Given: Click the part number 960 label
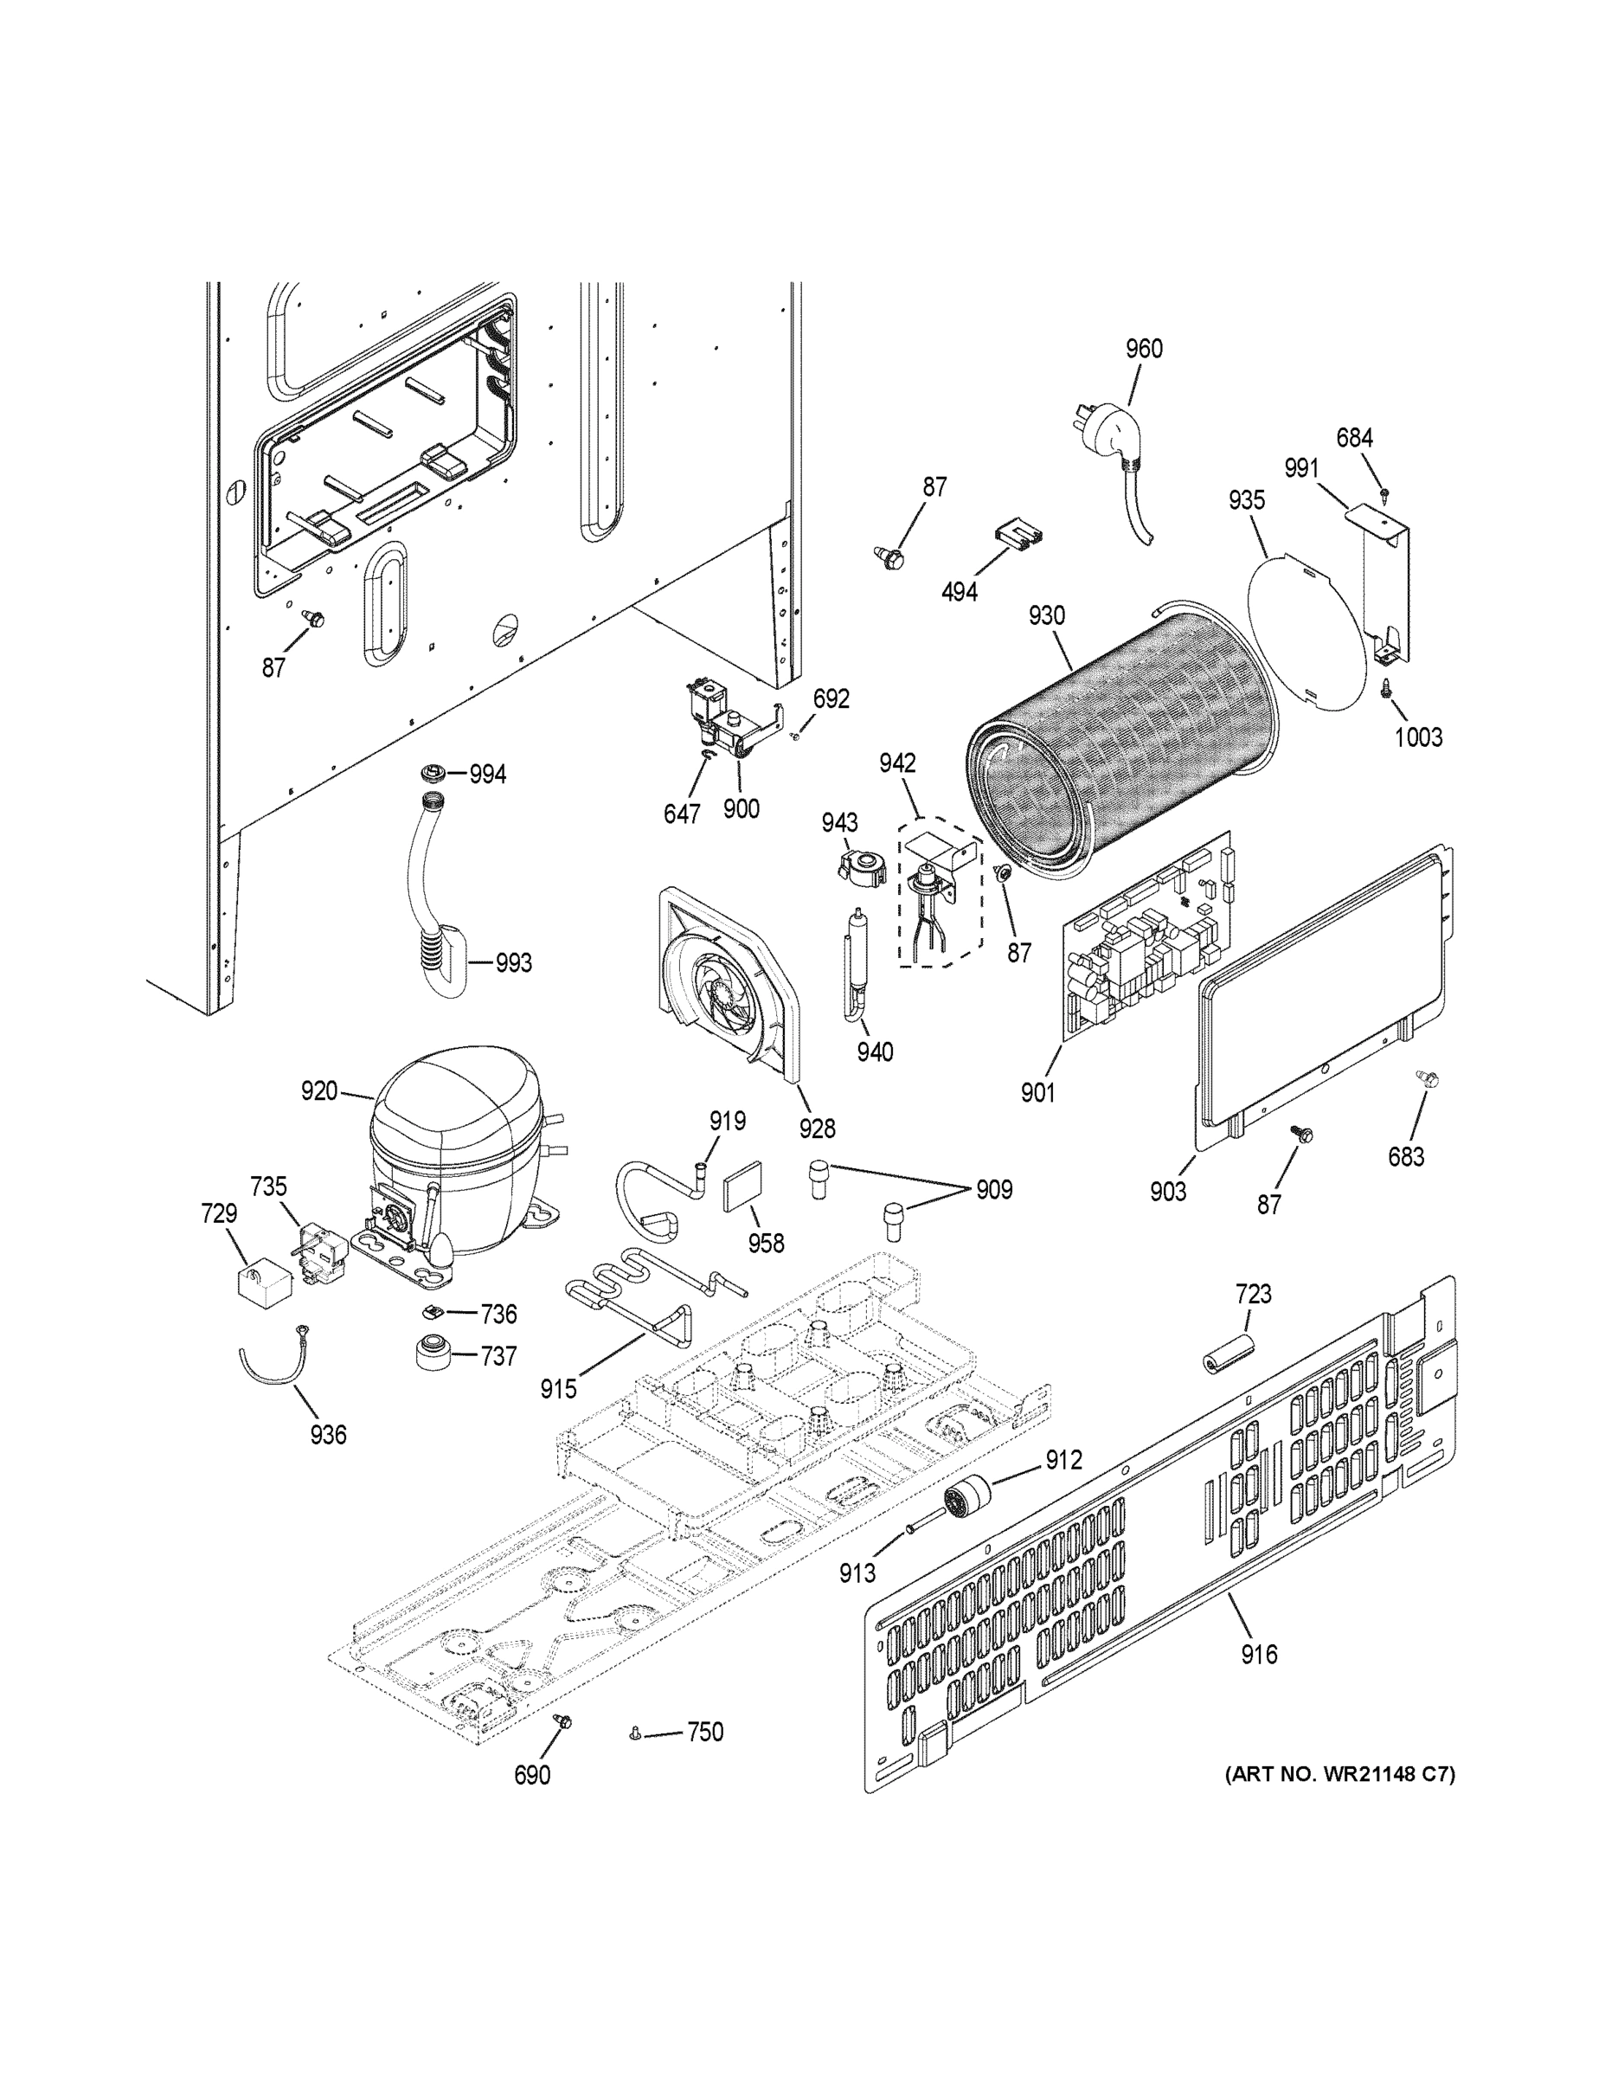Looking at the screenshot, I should pyautogui.click(x=1144, y=349).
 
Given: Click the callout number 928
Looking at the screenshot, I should pyautogui.click(x=817, y=1128).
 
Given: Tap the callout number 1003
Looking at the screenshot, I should pyautogui.click(x=1418, y=737).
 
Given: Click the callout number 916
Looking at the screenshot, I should pyautogui.click(x=1259, y=1655).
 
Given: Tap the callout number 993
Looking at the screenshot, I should pyautogui.click(x=513, y=963).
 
